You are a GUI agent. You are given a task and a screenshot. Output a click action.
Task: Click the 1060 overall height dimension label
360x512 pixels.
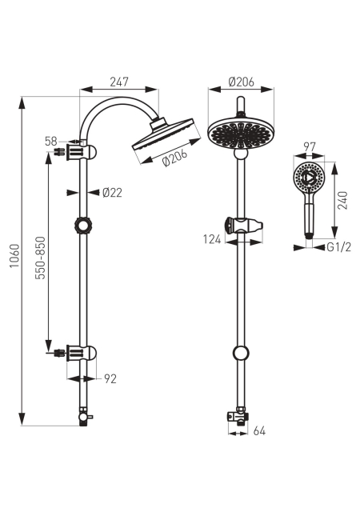(x=14, y=256)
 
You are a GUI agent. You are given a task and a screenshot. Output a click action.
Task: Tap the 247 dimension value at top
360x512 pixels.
(x=119, y=82)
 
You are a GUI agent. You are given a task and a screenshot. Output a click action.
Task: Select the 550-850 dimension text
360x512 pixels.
(x=41, y=258)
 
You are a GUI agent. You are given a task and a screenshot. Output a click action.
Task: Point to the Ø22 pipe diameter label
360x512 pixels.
(x=112, y=193)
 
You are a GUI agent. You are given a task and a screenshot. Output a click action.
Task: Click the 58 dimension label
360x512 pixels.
(x=51, y=142)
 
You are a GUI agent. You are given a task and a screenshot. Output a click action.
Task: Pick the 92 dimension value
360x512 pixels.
(x=110, y=378)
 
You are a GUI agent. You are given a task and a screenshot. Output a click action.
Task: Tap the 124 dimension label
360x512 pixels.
(x=212, y=239)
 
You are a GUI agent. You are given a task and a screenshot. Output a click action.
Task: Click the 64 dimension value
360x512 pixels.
(x=259, y=431)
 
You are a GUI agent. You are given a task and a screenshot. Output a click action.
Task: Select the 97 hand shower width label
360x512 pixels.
(x=309, y=147)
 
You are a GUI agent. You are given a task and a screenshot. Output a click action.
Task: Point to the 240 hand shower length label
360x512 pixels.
(x=342, y=201)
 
